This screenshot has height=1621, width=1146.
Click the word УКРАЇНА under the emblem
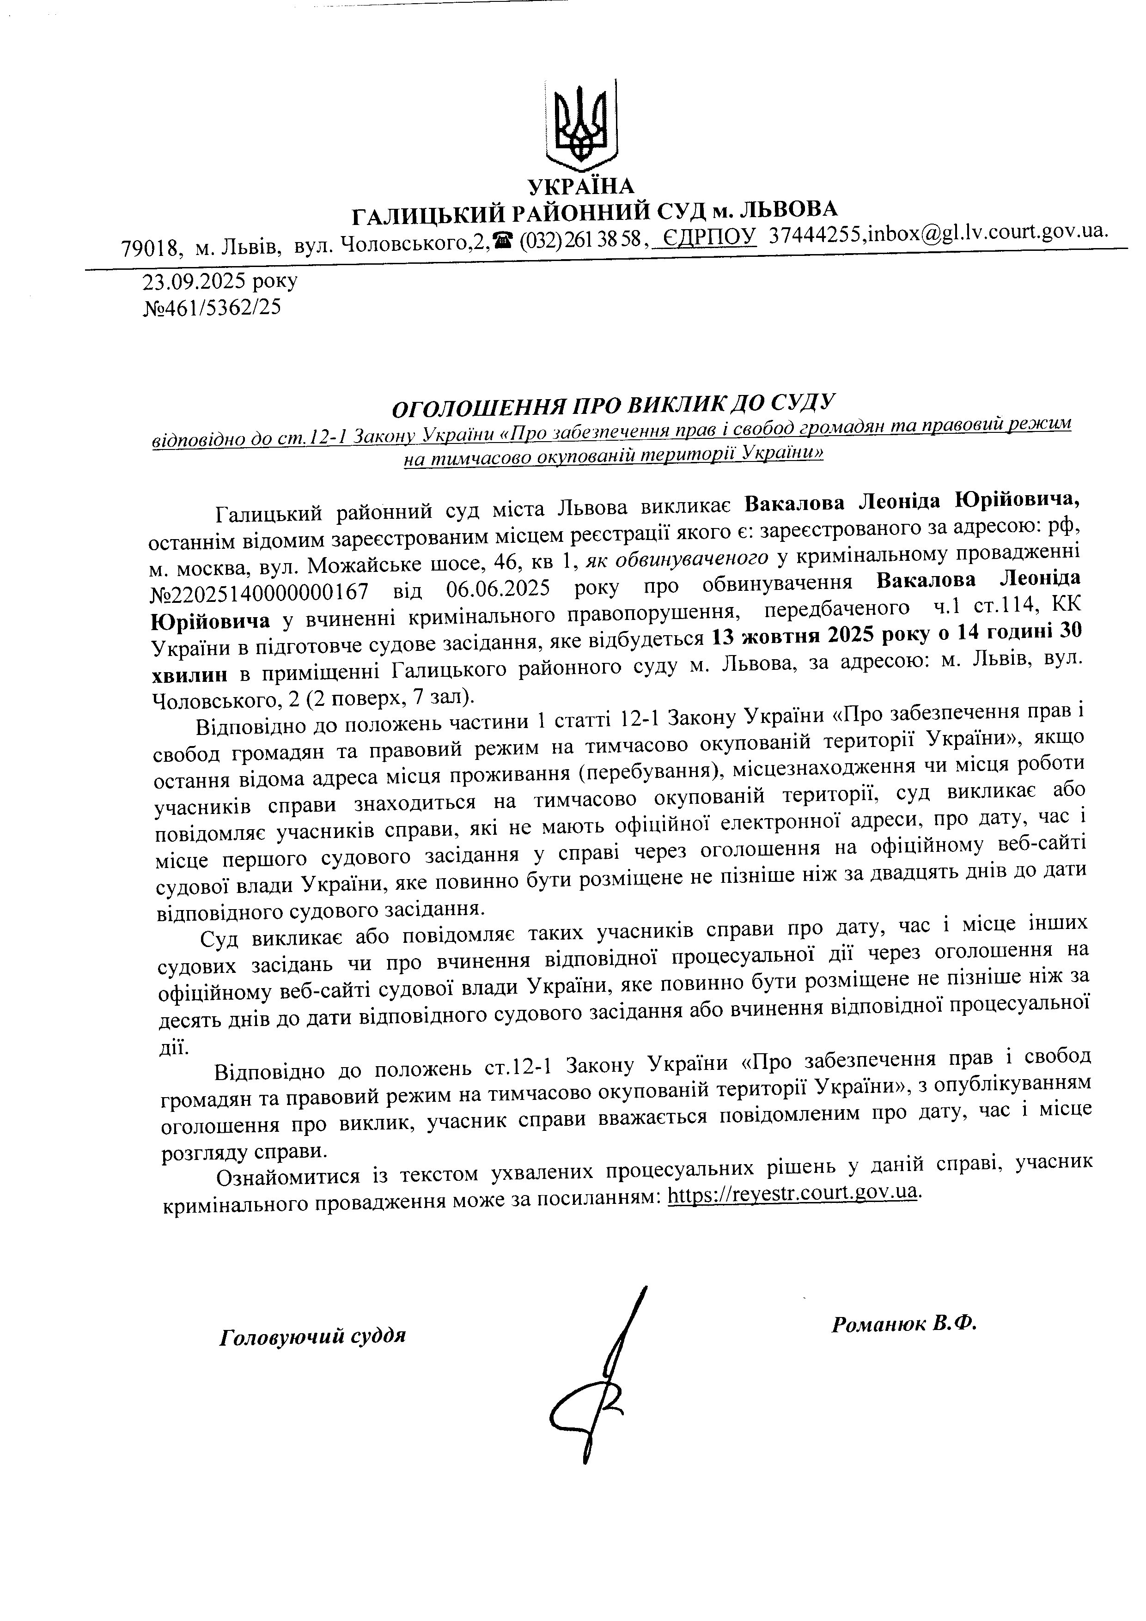tap(581, 186)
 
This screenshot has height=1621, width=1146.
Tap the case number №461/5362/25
tap(212, 308)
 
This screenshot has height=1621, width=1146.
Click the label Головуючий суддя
tap(313, 1336)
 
